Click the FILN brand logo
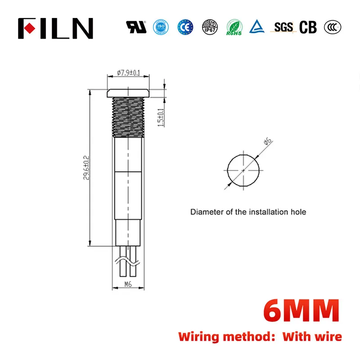coord(55,28)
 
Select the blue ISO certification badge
coord(160,27)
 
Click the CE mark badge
coord(184,27)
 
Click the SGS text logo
coord(283,27)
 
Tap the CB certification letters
coord(308,27)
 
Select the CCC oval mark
coord(332,27)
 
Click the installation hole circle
coord(244,171)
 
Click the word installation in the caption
coord(261,211)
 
